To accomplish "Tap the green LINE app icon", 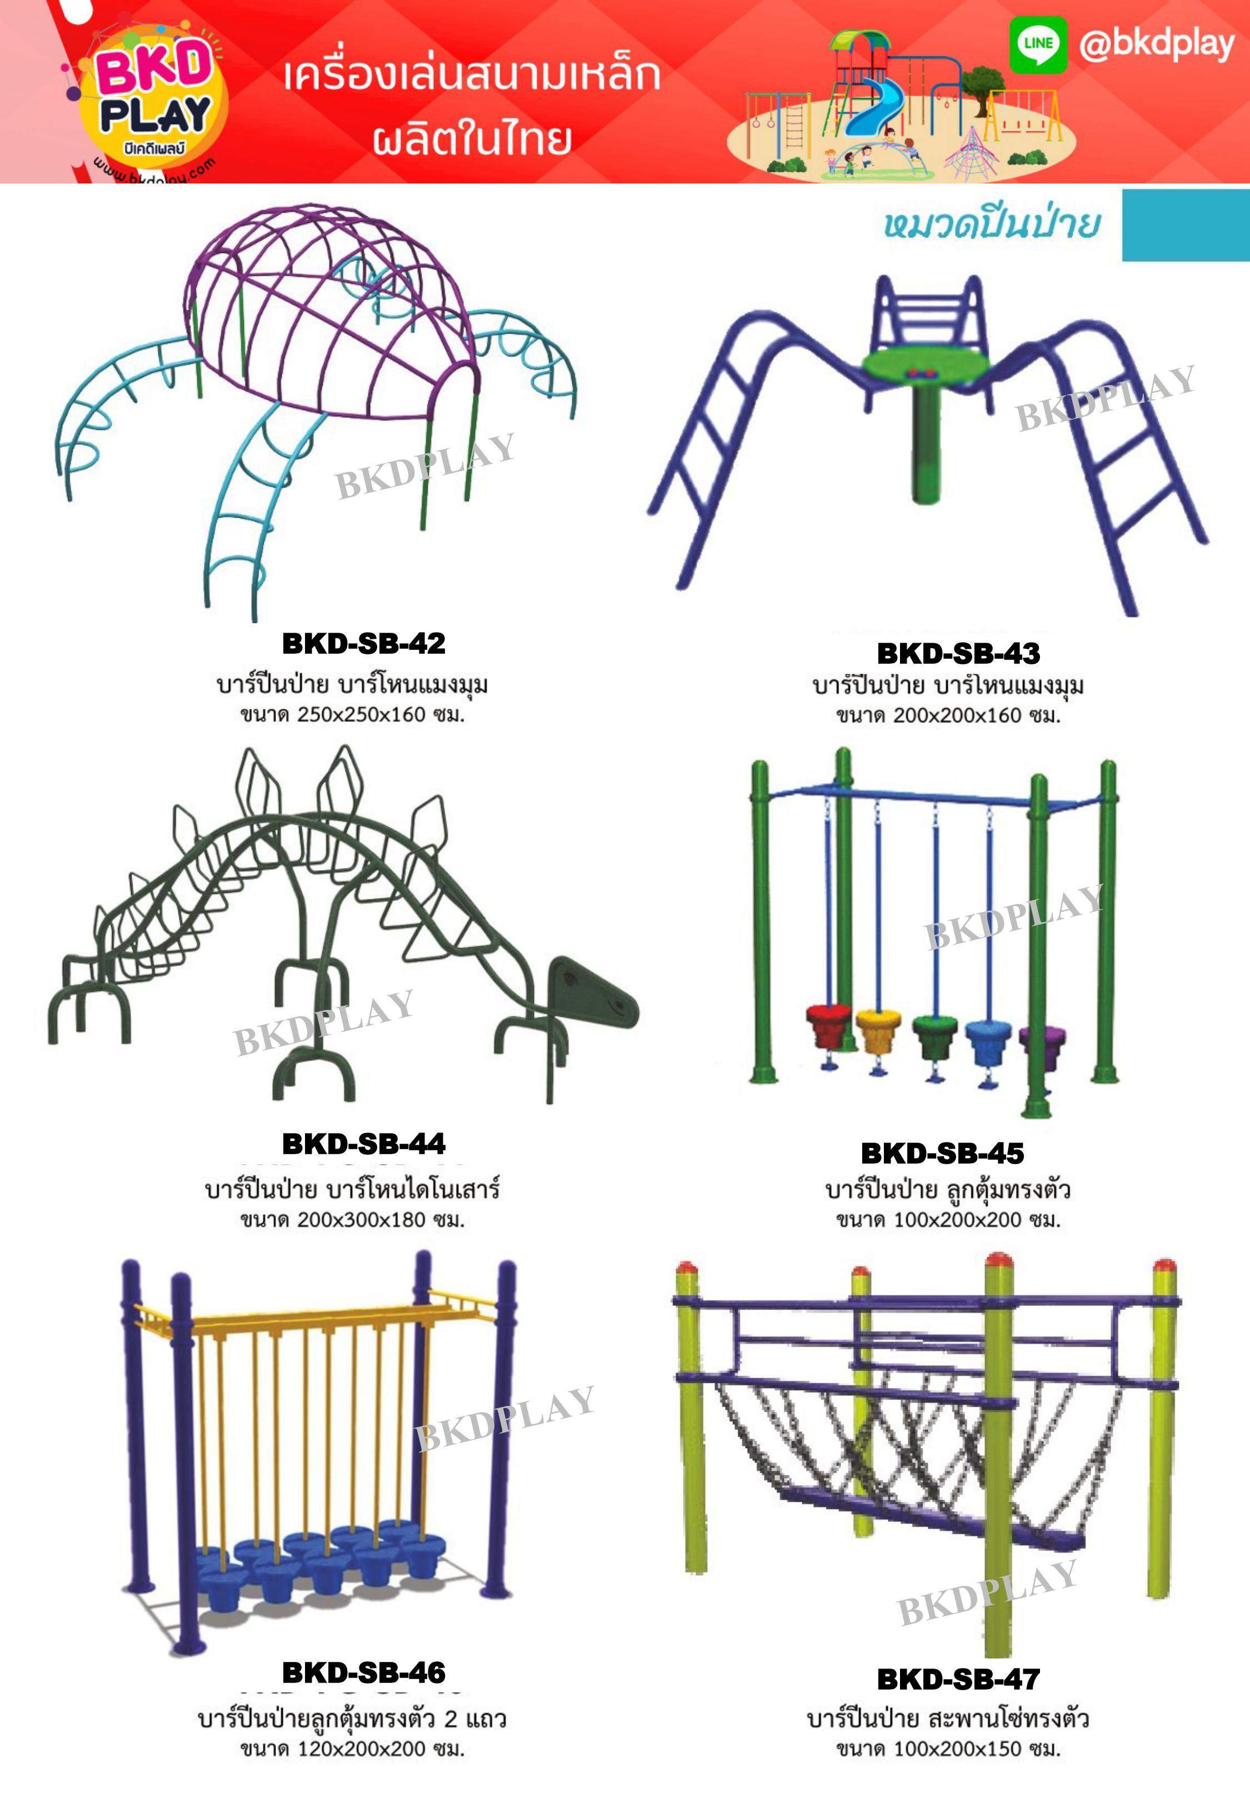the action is point(1038,44).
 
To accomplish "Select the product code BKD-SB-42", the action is point(363,643).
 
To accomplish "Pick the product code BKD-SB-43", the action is point(959,653).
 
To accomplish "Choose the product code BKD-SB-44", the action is point(363,1144).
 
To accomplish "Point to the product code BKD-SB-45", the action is point(942,1154).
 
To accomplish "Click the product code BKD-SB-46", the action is point(363,1673).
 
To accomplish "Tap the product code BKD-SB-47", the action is point(959,1679).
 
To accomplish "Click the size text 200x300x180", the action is point(362,1220).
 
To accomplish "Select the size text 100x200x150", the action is point(958,1749).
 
